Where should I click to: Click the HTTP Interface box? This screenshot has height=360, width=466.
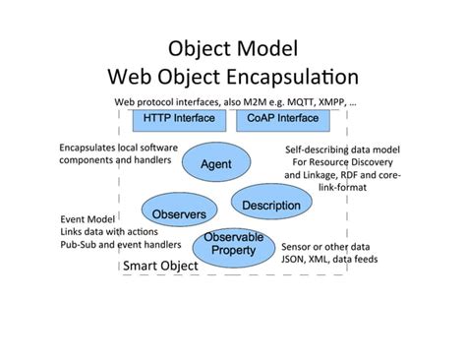(x=180, y=118)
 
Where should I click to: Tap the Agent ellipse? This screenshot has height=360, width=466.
(x=216, y=163)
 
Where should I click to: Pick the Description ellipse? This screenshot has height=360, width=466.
(x=270, y=205)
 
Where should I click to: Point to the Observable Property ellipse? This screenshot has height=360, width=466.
(x=235, y=244)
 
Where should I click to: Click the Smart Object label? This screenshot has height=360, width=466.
(x=159, y=267)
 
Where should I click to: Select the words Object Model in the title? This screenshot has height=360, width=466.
(x=232, y=47)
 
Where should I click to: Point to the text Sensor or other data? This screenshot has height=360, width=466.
(x=329, y=246)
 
